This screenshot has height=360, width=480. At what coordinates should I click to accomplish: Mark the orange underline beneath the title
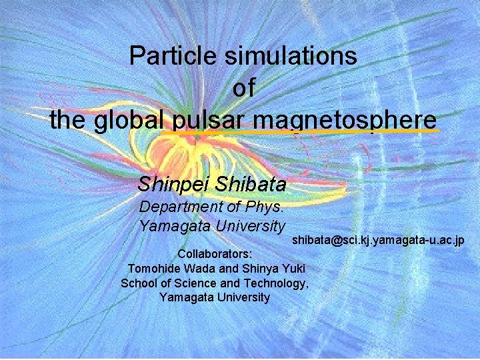[300, 132]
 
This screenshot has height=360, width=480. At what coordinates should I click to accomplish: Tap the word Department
[179, 207]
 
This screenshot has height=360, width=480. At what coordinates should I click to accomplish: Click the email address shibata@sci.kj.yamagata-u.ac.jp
[377, 240]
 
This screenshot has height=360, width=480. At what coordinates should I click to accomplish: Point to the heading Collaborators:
[215, 255]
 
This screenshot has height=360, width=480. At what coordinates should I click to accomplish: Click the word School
[137, 283]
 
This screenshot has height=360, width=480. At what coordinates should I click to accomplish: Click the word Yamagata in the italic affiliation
[169, 227]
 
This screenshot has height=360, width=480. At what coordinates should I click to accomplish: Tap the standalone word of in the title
[244, 88]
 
